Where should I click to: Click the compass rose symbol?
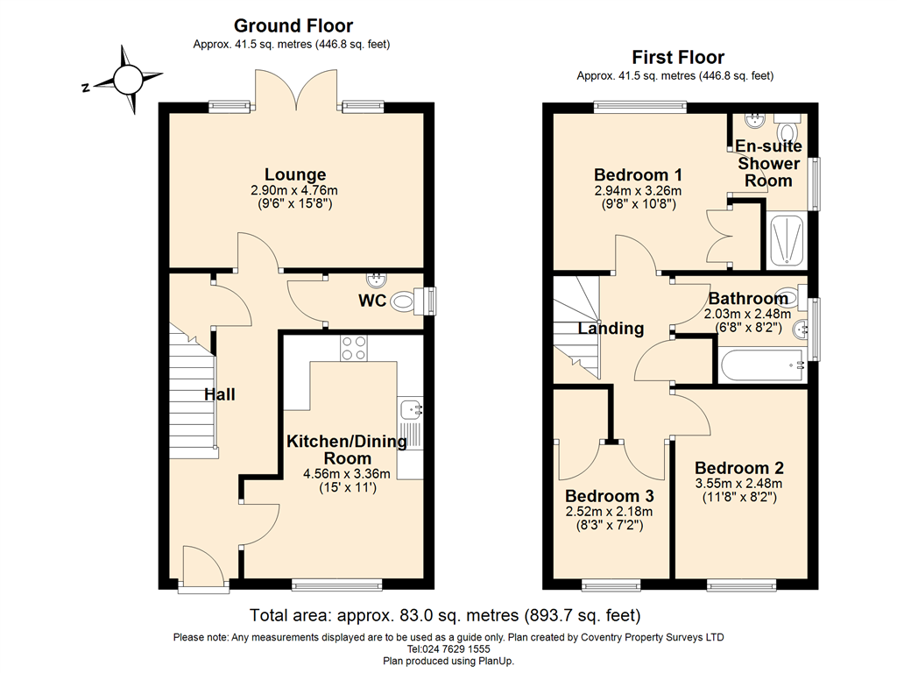(128, 80)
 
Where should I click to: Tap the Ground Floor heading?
(293, 25)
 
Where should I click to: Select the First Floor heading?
(678, 57)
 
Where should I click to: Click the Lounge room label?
(295, 174)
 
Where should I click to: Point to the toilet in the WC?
(412, 301)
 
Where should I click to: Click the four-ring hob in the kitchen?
(354, 348)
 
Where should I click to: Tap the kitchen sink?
(410, 410)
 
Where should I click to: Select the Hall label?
(220, 394)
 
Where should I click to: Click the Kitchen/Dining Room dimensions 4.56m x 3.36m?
(347, 474)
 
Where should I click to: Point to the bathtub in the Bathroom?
(763, 365)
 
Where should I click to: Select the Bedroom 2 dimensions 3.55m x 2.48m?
(739, 484)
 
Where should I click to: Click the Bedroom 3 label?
(610, 496)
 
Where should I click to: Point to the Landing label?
(611, 329)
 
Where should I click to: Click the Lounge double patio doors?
(296, 90)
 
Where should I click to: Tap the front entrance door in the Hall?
(202, 566)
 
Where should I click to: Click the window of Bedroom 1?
(640, 106)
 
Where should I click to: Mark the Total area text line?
(445, 615)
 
